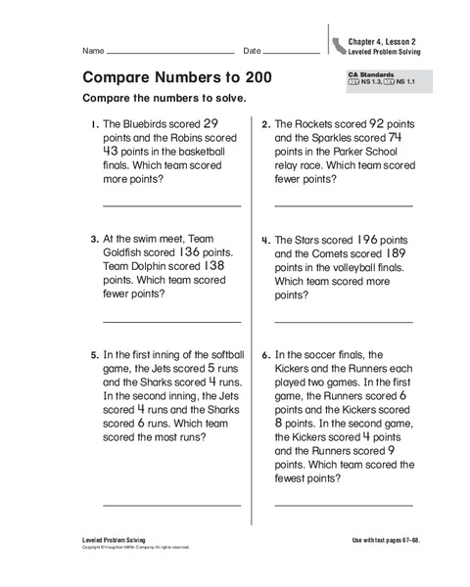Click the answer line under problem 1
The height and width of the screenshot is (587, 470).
point(171,206)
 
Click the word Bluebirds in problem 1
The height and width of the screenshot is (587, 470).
point(145,125)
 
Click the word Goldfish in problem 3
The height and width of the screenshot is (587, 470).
point(126,251)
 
